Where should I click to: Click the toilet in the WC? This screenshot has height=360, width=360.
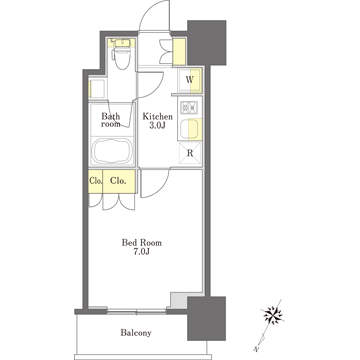tap(121, 57)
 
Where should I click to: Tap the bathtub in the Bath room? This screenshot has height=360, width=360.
tap(112, 152)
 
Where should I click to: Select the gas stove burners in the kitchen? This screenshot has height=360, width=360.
tap(189, 107)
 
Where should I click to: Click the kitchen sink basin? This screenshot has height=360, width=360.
tap(190, 129)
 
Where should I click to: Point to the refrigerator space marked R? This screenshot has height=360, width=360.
tap(190, 154)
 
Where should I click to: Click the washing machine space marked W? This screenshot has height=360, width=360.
tap(190, 80)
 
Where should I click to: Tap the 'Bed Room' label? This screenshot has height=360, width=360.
tap(141, 243)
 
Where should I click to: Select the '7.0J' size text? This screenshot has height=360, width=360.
tap(142, 252)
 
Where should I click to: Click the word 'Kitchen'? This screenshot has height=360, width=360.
tap(157, 117)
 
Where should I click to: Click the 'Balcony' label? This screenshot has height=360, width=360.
tap(136, 333)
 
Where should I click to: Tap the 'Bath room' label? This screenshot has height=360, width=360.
tap(111, 120)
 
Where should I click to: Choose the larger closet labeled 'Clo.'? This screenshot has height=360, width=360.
tap(119, 181)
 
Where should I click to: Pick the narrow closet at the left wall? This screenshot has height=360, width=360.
tap(96, 181)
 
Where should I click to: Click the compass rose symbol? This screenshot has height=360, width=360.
tap(273, 315)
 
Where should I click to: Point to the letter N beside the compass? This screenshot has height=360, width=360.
tap(257, 350)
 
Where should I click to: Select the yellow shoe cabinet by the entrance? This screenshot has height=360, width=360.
tap(179, 52)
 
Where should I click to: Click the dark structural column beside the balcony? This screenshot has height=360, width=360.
tap(207, 318)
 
